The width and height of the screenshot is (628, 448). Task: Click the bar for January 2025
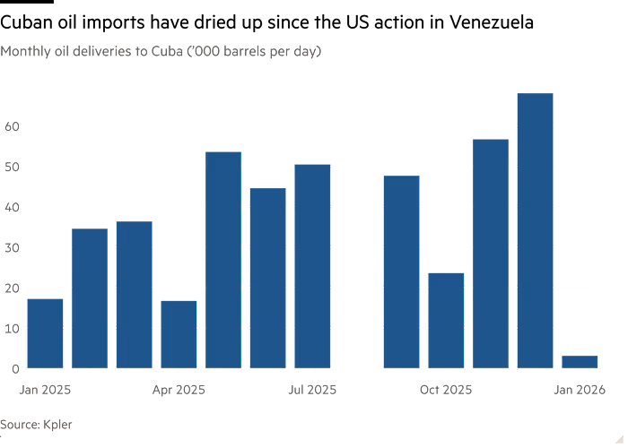45,333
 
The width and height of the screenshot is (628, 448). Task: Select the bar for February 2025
90,298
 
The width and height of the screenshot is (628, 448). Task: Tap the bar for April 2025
179,334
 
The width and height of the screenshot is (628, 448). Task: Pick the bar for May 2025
223,260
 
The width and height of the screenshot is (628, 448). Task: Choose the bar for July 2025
312,266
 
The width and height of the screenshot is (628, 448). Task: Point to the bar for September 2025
401,271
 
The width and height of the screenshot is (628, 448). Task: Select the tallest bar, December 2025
535,229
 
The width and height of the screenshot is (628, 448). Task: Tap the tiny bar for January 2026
580,361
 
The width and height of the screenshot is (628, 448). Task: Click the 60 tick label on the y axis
11,126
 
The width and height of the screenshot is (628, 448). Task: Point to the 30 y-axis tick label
11,247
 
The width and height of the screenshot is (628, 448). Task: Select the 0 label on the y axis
14,368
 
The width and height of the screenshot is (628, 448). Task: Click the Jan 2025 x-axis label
45,390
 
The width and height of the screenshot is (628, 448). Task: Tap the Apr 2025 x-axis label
179,390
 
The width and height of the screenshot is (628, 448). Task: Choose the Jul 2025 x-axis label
312,390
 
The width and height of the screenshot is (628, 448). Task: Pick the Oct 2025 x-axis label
446,390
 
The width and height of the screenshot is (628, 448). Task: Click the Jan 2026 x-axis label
579,390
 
